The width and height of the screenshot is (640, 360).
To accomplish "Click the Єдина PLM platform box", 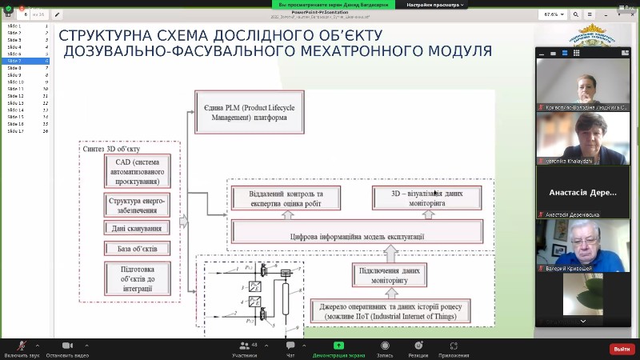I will click(240, 112).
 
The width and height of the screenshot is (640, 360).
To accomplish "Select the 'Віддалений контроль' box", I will click(286, 198).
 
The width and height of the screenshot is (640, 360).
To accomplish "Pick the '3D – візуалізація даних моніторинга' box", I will click(427, 198).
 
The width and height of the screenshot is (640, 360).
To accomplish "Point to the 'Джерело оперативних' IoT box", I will click(390, 310).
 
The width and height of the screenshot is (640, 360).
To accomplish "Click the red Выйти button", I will click(621, 349).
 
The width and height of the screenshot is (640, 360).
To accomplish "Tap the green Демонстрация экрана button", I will click(339, 349).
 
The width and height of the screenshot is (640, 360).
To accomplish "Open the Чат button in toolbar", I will click(290, 349).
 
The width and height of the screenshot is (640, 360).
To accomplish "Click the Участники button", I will click(244, 349).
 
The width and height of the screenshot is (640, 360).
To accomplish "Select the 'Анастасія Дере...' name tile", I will click(581, 192).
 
